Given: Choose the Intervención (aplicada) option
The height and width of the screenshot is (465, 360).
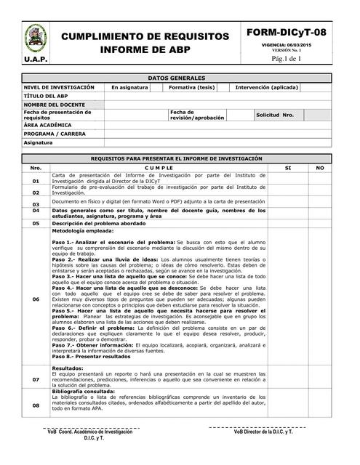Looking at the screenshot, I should tap(266, 86).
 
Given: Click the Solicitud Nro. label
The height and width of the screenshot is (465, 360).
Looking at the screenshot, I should tap(274, 115).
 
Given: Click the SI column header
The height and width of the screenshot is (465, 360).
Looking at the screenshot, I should tap(288, 168).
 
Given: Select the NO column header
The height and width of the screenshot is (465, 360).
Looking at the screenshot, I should tap(320, 168).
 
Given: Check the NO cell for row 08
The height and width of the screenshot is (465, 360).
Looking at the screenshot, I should tap(320, 405).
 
